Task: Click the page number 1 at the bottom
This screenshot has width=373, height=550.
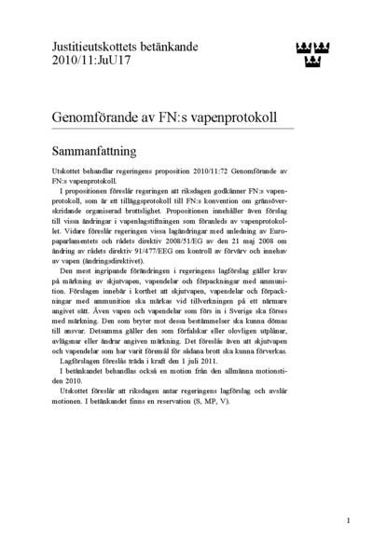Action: (x=348, y=520)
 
